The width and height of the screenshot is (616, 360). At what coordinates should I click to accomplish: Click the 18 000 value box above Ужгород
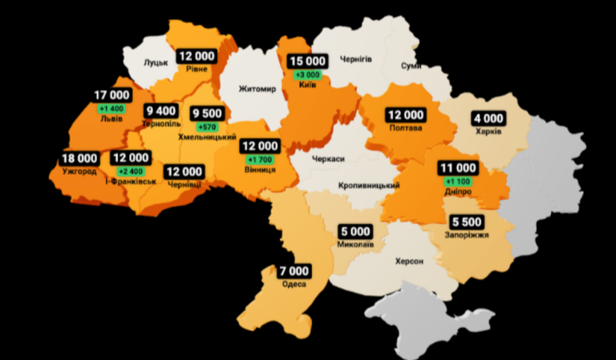(x=79, y=159)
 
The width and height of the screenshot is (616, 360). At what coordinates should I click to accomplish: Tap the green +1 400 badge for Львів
(x=111, y=107)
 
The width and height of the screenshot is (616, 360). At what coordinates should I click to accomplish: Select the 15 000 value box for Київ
(x=307, y=61)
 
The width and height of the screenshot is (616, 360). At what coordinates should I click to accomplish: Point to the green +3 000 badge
(x=307, y=75)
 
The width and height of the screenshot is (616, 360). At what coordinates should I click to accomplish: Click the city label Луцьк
(x=156, y=62)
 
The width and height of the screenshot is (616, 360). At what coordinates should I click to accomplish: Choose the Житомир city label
(x=257, y=89)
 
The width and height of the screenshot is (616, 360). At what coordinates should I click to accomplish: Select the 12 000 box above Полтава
(x=405, y=115)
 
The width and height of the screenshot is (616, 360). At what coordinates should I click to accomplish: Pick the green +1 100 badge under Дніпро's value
(x=457, y=182)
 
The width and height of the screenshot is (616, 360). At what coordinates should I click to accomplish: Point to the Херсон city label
(x=408, y=261)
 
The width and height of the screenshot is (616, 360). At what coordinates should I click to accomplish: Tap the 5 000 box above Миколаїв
(x=354, y=231)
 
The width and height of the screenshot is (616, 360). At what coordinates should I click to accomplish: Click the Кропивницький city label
(x=369, y=186)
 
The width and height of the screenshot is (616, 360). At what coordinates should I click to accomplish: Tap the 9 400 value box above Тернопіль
(x=161, y=111)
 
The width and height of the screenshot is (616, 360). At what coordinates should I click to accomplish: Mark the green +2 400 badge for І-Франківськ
(x=129, y=172)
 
